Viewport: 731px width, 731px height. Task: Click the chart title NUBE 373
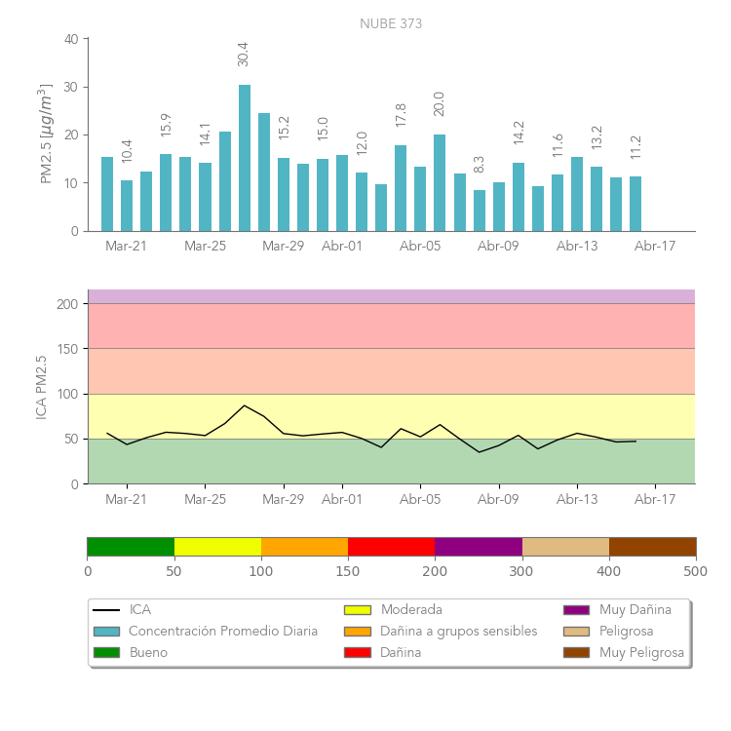coord(391,23)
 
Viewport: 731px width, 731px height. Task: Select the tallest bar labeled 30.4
coord(245,158)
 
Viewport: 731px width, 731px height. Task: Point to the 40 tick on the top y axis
coord(71,39)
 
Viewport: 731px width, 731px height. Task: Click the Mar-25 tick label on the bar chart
coord(205,247)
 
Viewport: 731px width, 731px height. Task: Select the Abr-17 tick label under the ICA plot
coord(655,500)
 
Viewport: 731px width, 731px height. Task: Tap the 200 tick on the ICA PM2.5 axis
coord(67,304)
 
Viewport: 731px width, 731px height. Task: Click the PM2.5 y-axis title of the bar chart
coord(45,134)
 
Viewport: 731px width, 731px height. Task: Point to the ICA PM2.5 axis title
coord(42,387)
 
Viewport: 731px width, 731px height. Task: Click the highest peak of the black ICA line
coord(245,405)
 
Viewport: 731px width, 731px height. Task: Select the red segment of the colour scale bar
coord(391,546)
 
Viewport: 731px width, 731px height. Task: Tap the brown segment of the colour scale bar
coord(652,546)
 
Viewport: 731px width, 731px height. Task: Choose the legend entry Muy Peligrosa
coord(641,652)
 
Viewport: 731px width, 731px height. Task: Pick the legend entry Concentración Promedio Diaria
coord(223,631)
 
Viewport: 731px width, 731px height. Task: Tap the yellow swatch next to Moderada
coord(358,610)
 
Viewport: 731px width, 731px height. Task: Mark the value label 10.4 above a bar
coord(127,151)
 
